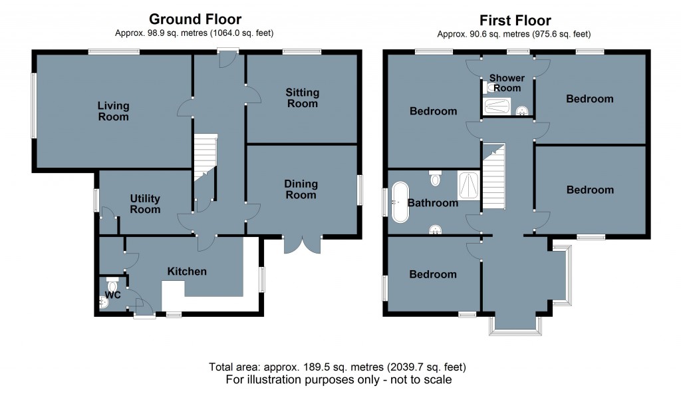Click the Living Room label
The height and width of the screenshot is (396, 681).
113,111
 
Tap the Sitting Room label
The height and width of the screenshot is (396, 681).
303,98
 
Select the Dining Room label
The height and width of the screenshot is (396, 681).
301,190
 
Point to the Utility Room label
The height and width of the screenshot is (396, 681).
145,204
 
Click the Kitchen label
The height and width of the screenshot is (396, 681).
187,272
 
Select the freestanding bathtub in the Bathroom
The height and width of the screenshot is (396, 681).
400,202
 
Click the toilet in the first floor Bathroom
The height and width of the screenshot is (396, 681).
436,178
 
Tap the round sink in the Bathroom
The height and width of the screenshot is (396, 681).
436,230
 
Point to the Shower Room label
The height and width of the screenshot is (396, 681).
507,83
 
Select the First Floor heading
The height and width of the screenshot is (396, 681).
513,21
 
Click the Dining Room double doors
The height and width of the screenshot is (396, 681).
303,245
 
